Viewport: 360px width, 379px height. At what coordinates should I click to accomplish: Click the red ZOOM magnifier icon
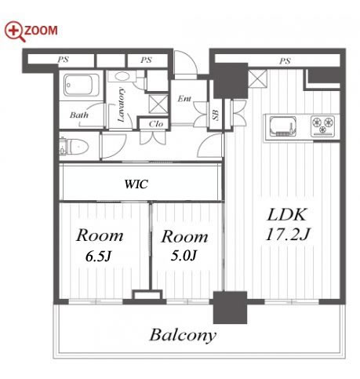(15, 31)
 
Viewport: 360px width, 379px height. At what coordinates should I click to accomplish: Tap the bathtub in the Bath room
(82, 86)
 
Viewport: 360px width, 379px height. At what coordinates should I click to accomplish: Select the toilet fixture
(74, 146)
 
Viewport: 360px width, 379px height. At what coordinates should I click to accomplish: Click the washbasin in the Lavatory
(122, 77)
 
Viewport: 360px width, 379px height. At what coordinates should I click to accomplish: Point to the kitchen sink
(282, 126)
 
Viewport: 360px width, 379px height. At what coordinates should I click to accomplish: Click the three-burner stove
(323, 126)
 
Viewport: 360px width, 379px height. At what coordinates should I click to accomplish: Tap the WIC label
(136, 184)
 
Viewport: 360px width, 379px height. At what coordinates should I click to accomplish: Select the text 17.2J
(288, 234)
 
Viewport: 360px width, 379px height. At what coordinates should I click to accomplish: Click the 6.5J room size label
(99, 257)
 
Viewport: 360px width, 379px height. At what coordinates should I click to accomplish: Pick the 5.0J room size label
(184, 256)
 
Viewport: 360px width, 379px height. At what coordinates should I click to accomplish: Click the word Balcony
(183, 335)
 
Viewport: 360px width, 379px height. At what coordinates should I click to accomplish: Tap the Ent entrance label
(184, 99)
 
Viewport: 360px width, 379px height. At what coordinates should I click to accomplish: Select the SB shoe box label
(216, 115)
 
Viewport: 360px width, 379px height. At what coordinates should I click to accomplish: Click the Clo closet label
(156, 124)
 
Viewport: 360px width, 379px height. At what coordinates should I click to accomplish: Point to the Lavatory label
(122, 104)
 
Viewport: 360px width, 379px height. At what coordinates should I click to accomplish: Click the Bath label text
(79, 115)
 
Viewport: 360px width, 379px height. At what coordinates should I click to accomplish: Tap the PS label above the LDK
(285, 61)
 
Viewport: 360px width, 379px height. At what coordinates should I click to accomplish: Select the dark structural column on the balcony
(230, 308)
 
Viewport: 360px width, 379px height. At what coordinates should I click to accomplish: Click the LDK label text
(286, 215)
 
